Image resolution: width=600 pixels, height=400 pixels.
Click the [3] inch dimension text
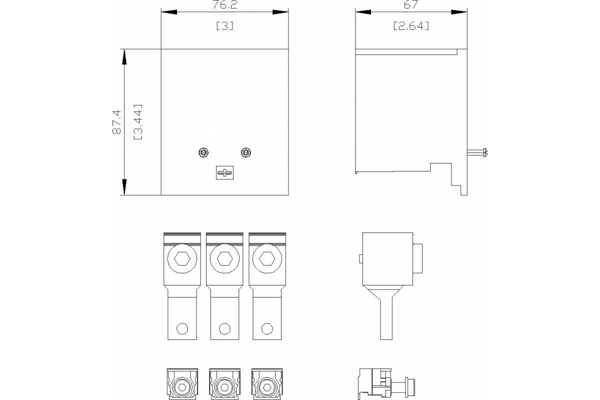224,26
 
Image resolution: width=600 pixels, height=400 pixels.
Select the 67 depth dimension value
410,4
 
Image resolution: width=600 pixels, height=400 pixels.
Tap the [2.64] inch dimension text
411,26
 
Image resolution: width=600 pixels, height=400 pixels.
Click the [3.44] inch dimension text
138,121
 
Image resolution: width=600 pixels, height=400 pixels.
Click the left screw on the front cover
203,152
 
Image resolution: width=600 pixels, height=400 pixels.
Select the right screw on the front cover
245,152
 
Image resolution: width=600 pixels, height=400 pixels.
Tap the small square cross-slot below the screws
224,173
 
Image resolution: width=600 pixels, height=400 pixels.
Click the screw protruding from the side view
478,152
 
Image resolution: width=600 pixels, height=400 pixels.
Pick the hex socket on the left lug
182,258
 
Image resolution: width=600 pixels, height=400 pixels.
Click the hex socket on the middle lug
224,258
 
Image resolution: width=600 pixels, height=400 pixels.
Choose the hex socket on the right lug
267,258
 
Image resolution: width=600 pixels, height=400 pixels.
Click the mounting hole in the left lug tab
182,328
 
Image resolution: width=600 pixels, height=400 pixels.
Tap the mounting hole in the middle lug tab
225,328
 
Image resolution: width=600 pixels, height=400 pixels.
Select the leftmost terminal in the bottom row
182,385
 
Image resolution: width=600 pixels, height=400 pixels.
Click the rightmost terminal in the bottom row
267,385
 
